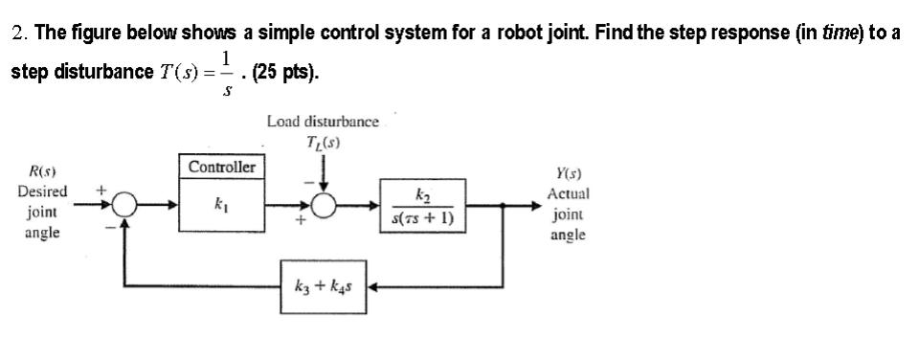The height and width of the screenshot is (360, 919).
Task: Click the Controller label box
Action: coord(221,168)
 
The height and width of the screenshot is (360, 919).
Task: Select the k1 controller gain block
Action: coord(222,205)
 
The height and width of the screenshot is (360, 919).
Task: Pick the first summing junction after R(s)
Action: coord(124,205)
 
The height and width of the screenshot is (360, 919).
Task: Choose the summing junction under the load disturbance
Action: coord(324,205)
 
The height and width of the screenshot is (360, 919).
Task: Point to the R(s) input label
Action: coord(40,172)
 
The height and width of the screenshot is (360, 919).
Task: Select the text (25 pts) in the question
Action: coord(284,72)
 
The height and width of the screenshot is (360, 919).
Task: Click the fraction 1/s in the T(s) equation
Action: coord(225,72)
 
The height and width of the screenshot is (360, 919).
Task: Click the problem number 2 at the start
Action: coord(19,34)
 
